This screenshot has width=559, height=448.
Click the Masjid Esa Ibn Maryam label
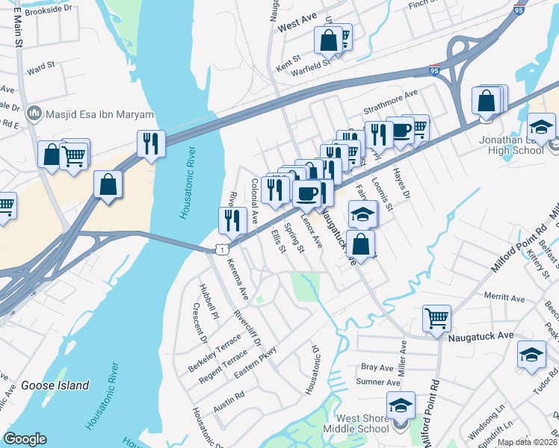tap(97, 114)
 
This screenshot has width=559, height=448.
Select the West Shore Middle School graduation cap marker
tap(401, 405)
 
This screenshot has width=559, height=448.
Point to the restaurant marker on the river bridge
tap(151, 144)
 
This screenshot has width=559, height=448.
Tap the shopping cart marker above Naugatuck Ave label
tap(436, 318)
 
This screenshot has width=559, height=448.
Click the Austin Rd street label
tap(229, 394)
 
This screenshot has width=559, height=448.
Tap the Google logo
tap(25, 439)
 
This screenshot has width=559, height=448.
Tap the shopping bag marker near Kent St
tap(328, 40)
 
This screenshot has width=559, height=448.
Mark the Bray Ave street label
tap(377, 367)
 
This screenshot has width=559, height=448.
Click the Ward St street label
tap(41, 67)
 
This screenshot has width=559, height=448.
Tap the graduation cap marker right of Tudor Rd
tap(531, 354)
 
